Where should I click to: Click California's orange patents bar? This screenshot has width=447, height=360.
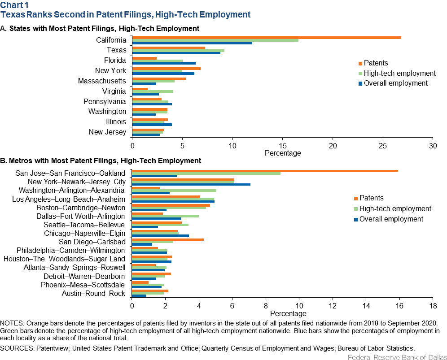click(267, 38)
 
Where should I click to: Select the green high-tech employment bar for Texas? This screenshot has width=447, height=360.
click(179, 50)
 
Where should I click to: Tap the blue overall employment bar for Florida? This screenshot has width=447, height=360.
click(164, 63)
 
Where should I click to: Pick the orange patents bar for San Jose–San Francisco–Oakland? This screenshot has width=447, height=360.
click(265, 171)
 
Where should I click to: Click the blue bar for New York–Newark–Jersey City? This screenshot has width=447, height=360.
click(191, 185)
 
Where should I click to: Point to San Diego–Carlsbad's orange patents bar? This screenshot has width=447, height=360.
click(168, 239)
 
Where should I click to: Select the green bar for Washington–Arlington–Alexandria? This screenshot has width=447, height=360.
click(174, 191)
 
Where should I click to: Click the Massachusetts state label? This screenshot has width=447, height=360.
click(102, 81)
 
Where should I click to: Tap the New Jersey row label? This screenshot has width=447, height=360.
click(107, 132)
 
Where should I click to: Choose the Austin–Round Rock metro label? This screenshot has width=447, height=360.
click(93, 293)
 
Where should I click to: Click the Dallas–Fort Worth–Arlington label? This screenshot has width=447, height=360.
click(81, 216)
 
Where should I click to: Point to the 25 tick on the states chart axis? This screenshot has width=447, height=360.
click(382, 146)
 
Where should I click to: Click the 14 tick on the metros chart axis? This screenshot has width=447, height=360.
click(366, 306)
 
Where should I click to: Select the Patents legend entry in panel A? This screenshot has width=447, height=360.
click(373, 63)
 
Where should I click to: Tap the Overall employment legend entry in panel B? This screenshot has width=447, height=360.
click(389, 219)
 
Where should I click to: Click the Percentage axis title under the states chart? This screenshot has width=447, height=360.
click(283, 153)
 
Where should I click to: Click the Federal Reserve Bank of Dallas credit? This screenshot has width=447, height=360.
click(397, 357)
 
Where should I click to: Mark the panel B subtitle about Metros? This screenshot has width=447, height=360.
click(101, 160)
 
